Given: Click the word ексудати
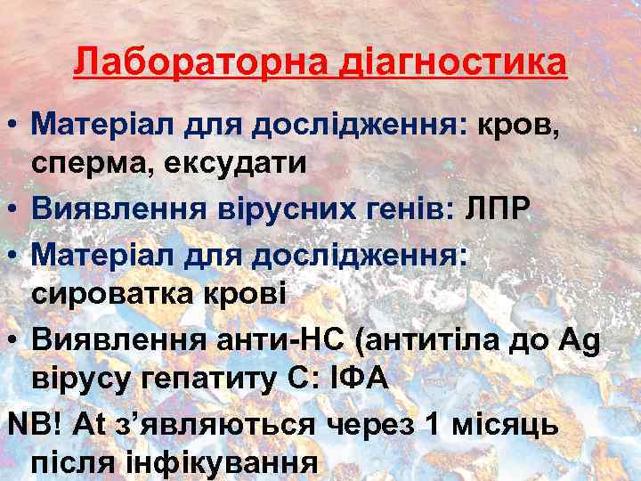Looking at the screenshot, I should click(x=235, y=164).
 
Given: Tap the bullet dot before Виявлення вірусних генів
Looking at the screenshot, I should click(x=16, y=208).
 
